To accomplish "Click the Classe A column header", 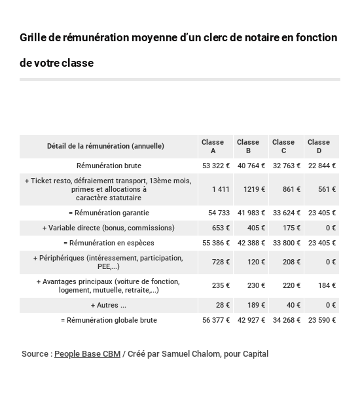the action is (x=213, y=146).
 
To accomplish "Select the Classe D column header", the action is (x=319, y=146).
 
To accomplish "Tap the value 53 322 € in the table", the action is (x=216, y=166).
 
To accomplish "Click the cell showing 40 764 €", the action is (x=251, y=166).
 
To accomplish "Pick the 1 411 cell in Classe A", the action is (x=221, y=189).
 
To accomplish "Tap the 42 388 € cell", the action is (x=251, y=243).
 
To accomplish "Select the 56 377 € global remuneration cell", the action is (x=216, y=320).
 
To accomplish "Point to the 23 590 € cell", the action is (x=322, y=320).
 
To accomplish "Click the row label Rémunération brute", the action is (x=109, y=166).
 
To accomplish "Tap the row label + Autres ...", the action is (x=109, y=305).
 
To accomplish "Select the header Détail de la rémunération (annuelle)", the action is (x=105, y=146).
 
